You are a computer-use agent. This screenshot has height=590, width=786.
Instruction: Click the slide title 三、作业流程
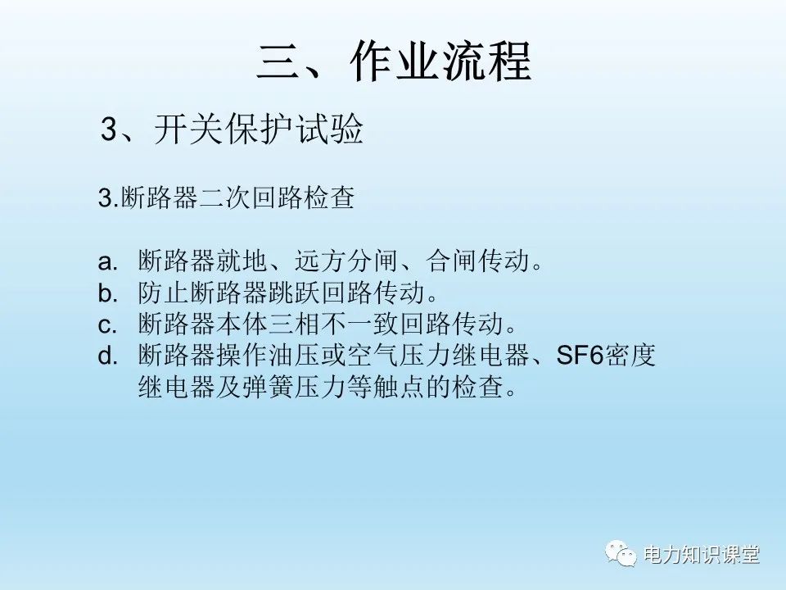[x=394, y=61]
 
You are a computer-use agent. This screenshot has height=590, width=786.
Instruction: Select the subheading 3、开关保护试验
[x=231, y=130]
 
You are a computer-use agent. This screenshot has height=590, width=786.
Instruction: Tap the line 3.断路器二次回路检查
[x=226, y=199]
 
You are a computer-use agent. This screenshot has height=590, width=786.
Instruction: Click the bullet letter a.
[x=109, y=262]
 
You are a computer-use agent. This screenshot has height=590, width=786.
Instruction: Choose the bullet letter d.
[x=109, y=356]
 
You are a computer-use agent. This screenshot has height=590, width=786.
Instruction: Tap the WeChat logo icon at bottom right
[x=622, y=555]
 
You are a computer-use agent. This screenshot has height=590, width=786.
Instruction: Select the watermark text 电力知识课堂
[x=702, y=555]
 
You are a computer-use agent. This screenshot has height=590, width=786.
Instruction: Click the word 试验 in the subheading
[x=337, y=130]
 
